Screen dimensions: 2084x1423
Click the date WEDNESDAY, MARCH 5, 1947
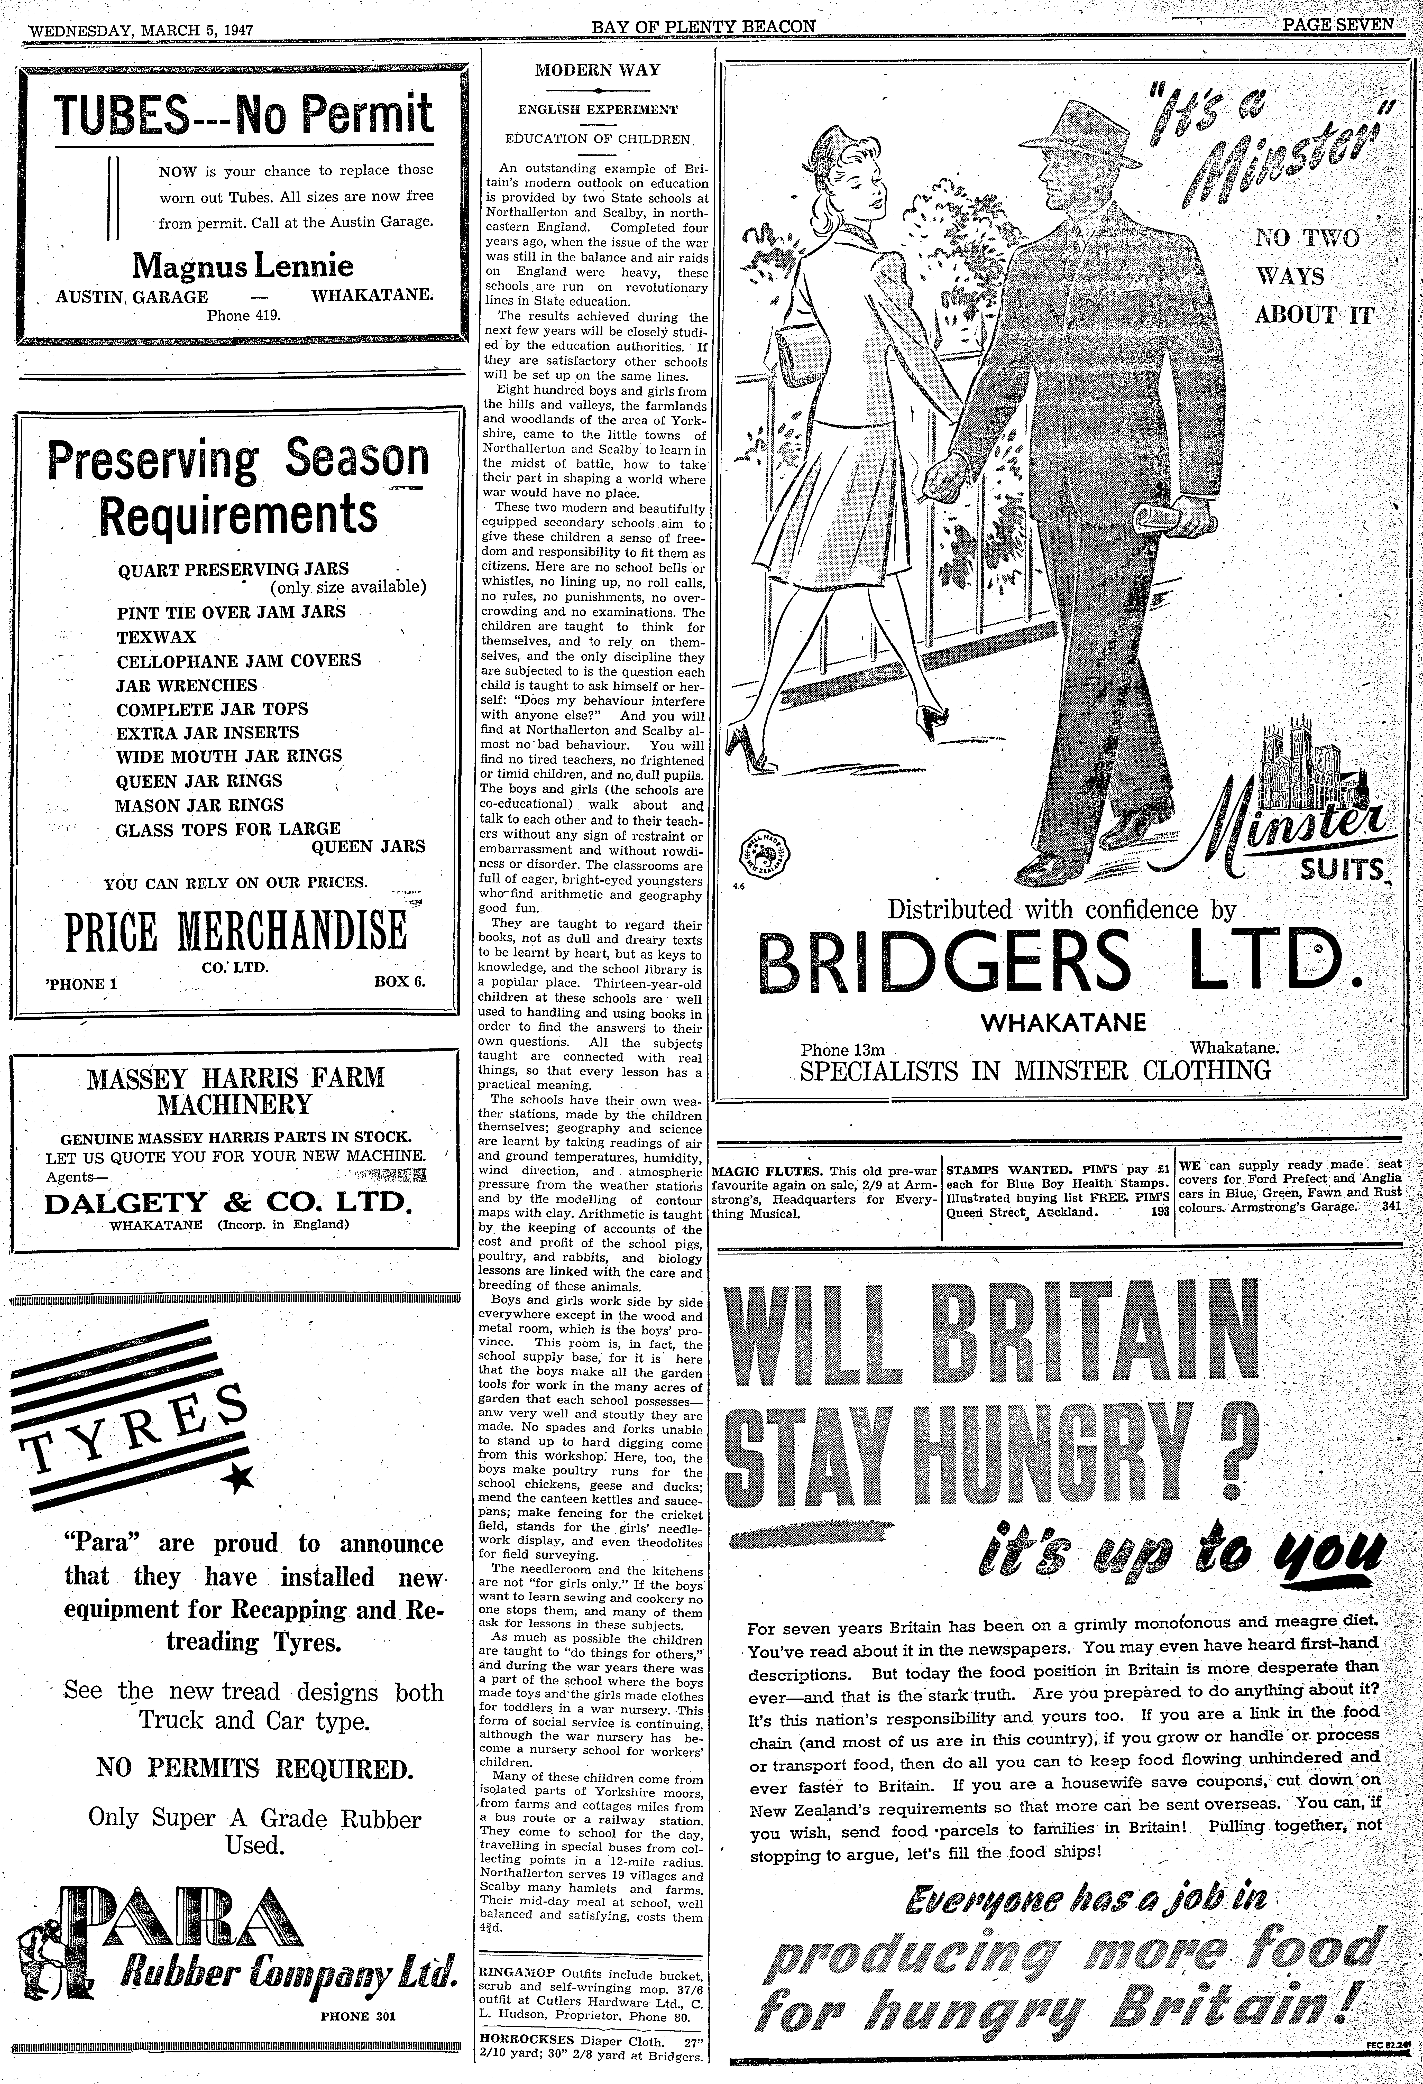coord(142,30)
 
